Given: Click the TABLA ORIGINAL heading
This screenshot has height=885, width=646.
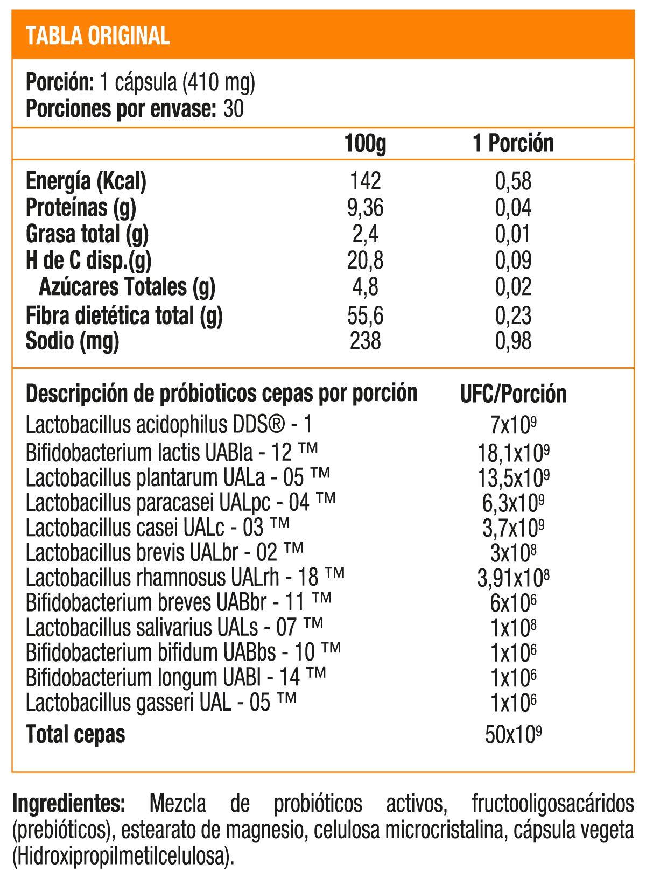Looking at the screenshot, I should click(98, 36).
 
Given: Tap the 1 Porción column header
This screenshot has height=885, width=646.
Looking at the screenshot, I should click(513, 143).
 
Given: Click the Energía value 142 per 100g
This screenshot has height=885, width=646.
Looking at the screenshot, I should click(365, 181).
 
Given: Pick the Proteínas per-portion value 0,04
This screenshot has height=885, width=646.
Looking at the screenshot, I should click(513, 208).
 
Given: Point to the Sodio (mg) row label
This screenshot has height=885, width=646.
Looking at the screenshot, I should click(72, 341).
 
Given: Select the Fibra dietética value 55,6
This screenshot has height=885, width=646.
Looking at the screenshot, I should click(365, 315).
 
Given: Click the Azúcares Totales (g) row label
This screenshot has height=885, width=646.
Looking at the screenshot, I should click(127, 287).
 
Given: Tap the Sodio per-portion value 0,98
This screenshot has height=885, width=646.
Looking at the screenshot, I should click(513, 341).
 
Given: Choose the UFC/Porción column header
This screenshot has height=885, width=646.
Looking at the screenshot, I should click(513, 394).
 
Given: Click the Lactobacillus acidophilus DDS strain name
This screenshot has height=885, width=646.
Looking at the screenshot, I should click(168, 425).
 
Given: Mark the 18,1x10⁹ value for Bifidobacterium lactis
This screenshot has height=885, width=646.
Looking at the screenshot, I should click(513, 453).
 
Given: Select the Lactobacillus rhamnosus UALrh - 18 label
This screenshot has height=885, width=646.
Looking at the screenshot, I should click(185, 578).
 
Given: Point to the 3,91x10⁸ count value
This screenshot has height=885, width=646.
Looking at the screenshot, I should click(513, 578).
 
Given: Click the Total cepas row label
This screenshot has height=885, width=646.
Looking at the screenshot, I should click(75, 734).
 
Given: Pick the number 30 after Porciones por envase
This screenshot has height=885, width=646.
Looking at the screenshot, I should click(233, 109).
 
